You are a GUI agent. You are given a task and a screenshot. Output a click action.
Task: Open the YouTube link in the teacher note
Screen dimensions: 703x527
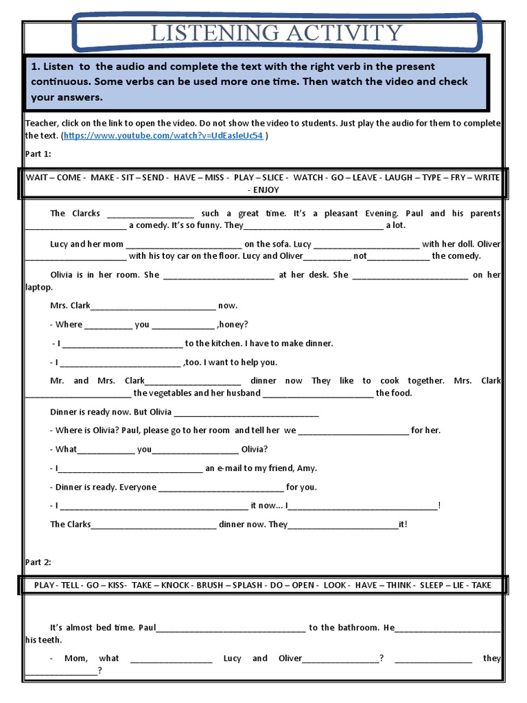pyautogui.click(x=163, y=136)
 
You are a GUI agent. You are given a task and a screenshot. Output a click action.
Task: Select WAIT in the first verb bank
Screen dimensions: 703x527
pyautogui.click(x=37, y=177)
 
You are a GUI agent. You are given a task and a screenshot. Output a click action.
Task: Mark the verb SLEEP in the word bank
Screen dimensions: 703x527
pyautogui.click(x=432, y=585)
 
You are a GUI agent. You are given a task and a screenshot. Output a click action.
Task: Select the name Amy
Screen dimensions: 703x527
pyautogui.click(x=306, y=468)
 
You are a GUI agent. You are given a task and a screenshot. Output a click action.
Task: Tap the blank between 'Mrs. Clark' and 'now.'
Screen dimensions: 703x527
pyautogui.click(x=153, y=306)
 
